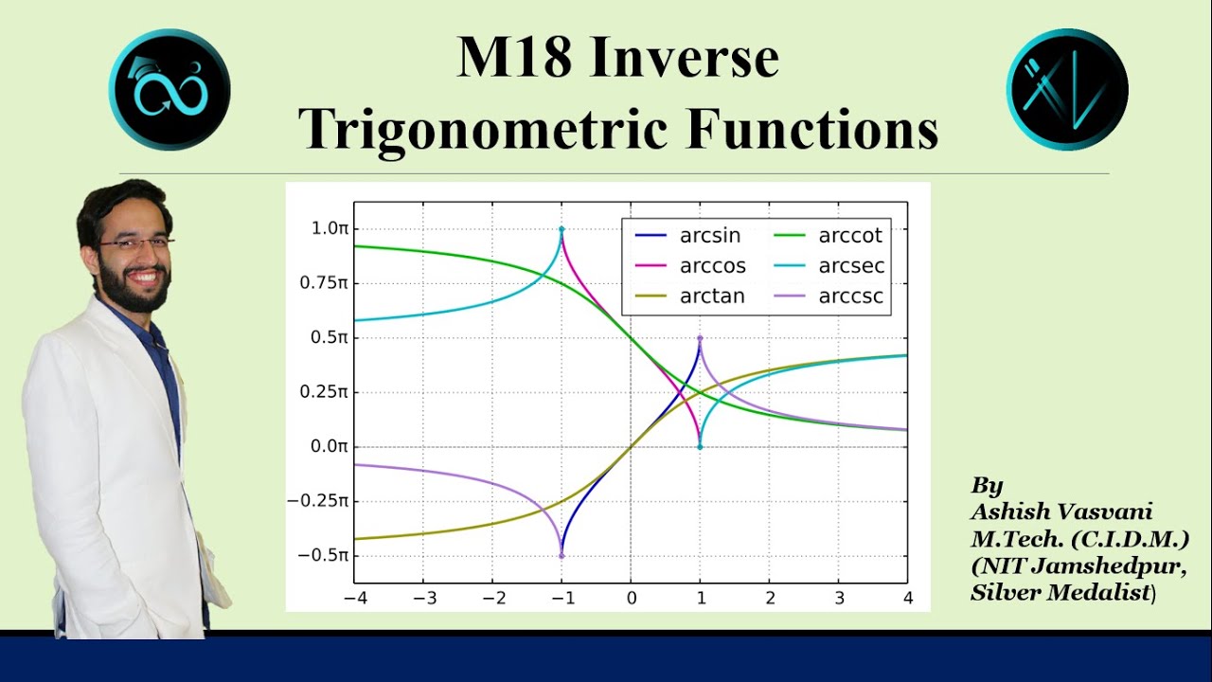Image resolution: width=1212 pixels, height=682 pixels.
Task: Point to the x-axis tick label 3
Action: pyautogui.click(x=839, y=599)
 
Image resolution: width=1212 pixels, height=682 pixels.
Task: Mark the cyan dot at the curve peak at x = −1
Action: pyautogui.click(x=561, y=229)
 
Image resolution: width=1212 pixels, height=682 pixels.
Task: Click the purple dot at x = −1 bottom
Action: pyautogui.click(x=561, y=556)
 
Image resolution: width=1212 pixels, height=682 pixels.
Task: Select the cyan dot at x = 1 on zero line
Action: pyautogui.click(x=700, y=446)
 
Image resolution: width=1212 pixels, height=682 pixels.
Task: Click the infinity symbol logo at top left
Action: pyautogui.click(x=169, y=90)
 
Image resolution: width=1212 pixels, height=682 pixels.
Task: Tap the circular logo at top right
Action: pyautogui.click(x=1067, y=90)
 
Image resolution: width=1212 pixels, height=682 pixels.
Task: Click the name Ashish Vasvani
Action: pyautogui.click(x=1061, y=512)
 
